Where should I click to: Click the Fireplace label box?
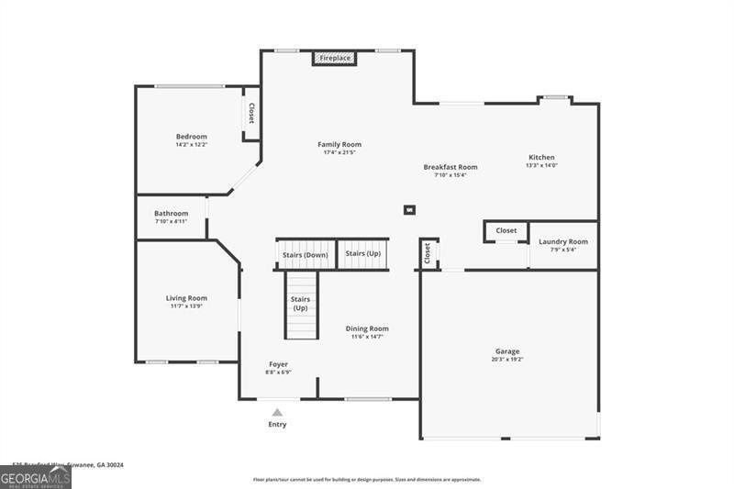[x=335, y=58]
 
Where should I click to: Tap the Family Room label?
[x=339, y=144]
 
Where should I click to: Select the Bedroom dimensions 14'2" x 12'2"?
[x=192, y=145]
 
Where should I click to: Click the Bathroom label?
[x=171, y=213]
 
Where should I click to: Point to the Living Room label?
[x=186, y=298]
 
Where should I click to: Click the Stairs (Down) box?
[x=305, y=254]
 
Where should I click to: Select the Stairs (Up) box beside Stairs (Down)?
[x=362, y=253]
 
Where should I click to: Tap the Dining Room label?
[x=367, y=328]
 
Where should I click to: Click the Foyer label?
[x=278, y=364]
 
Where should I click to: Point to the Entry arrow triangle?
[x=277, y=413]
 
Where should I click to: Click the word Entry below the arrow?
[x=277, y=425]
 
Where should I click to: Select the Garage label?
[x=507, y=351]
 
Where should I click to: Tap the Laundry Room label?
[x=562, y=241]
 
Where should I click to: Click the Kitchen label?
[x=541, y=157]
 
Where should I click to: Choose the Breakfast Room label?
[x=450, y=167]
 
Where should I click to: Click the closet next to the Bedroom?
[x=251, y=114]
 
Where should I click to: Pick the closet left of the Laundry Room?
[x=506, y=231]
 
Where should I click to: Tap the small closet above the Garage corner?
[x=428, y=253]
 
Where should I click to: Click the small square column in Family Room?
[x=409, y=209]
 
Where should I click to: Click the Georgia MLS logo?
[x=36, y=477]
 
